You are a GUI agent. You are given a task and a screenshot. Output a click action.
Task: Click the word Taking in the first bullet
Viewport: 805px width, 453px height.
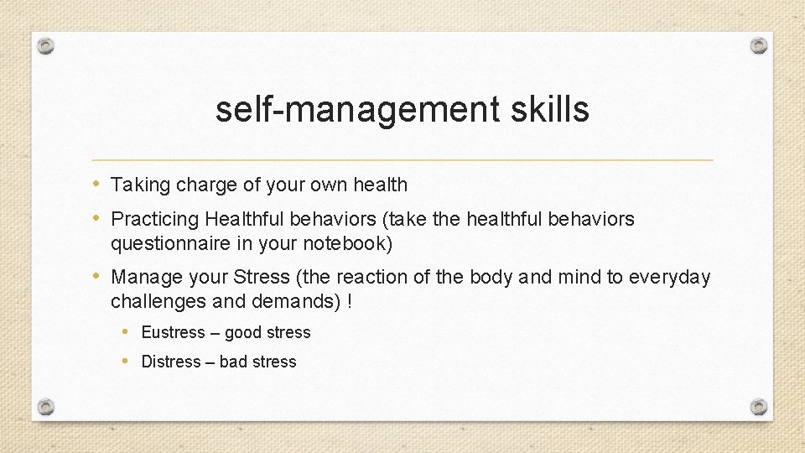[x=138, y=185]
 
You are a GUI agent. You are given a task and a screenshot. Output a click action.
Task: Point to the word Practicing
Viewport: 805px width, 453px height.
[x=155, y=220]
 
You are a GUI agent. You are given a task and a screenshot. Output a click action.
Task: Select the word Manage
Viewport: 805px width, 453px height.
[x=145, y=277]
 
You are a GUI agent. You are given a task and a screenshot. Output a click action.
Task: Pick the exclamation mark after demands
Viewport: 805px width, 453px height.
[x=348, y=301]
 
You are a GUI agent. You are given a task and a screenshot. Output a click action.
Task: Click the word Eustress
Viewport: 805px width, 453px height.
[x=173, y=333]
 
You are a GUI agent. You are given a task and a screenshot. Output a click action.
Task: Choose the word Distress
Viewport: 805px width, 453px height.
[x=171, y=362]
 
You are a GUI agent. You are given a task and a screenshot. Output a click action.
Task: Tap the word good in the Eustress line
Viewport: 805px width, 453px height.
[x=243, y=333]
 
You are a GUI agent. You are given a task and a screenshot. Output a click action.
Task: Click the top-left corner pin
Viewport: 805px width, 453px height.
[x=46, y=46]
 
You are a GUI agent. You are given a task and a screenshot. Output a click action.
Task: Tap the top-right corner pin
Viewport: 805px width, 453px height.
[x=758, y=46]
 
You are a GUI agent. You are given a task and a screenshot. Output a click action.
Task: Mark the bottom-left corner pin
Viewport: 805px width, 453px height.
[x=46, y=407]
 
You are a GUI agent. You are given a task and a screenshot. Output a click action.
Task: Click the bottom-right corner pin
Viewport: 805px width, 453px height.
[x=758, y=407]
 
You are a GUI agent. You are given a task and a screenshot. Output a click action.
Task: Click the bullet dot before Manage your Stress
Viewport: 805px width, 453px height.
[x=96, y=276]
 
